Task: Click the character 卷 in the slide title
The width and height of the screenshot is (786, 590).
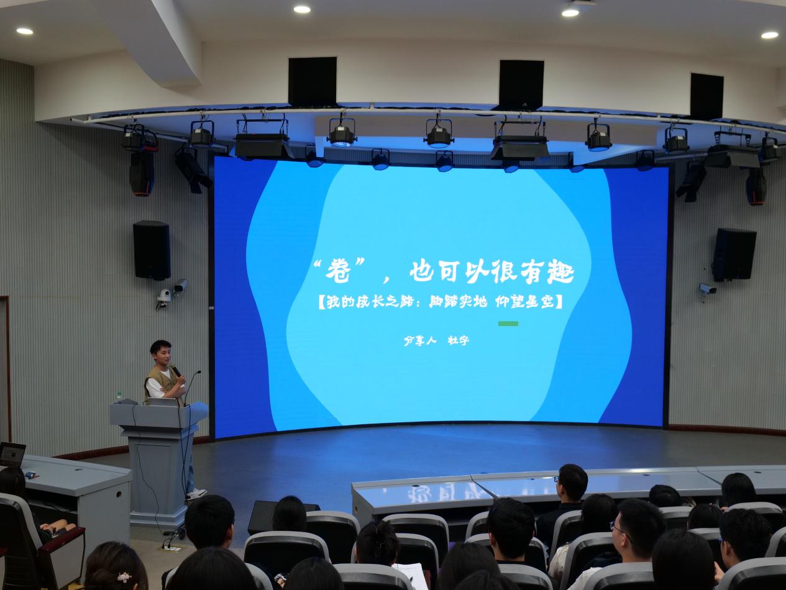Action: tap(338, 271)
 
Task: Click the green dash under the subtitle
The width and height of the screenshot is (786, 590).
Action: tap(508, 324)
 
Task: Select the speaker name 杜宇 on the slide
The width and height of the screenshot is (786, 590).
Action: tap(458, 340)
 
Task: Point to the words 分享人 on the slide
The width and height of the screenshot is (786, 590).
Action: tap(420, 340)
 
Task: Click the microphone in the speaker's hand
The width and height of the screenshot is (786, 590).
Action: tap(175, 370)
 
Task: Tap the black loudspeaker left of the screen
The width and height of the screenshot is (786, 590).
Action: tap(152, 250)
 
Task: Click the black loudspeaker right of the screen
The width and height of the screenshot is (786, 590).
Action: tap(734, 255)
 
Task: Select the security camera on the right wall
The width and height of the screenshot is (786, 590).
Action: tap(707, 289)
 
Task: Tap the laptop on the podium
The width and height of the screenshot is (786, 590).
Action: tap(163, 402)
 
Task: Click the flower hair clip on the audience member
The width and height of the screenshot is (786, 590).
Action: tap(124, 577)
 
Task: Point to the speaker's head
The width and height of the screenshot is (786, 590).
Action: tap(161, 352)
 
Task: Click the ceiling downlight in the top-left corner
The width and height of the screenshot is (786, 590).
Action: tap(25, 31)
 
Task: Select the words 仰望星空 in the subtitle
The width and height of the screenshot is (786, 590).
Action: tap(524, 302)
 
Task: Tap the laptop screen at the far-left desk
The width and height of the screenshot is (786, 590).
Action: tap(12, 454)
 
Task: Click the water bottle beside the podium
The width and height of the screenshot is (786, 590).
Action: tap(119, 396)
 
